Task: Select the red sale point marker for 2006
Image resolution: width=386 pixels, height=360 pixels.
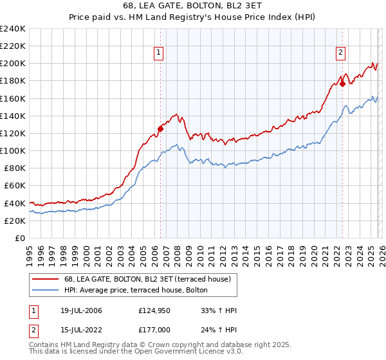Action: [160, 129]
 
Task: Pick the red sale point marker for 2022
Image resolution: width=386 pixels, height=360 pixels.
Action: [343, 83]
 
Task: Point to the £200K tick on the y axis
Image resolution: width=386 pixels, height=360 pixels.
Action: [13, 64]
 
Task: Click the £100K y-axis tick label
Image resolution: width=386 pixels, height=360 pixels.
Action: [13, 150]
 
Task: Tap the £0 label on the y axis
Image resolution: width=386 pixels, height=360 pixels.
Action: [19, 238]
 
